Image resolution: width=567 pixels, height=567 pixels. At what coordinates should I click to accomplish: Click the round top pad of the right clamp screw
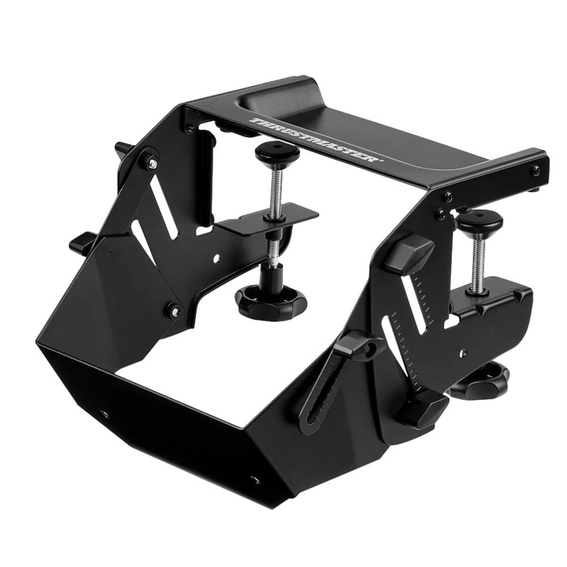[x=480, y=221]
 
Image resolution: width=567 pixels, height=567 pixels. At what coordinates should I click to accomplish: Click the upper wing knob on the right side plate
[x=410, y=254]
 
